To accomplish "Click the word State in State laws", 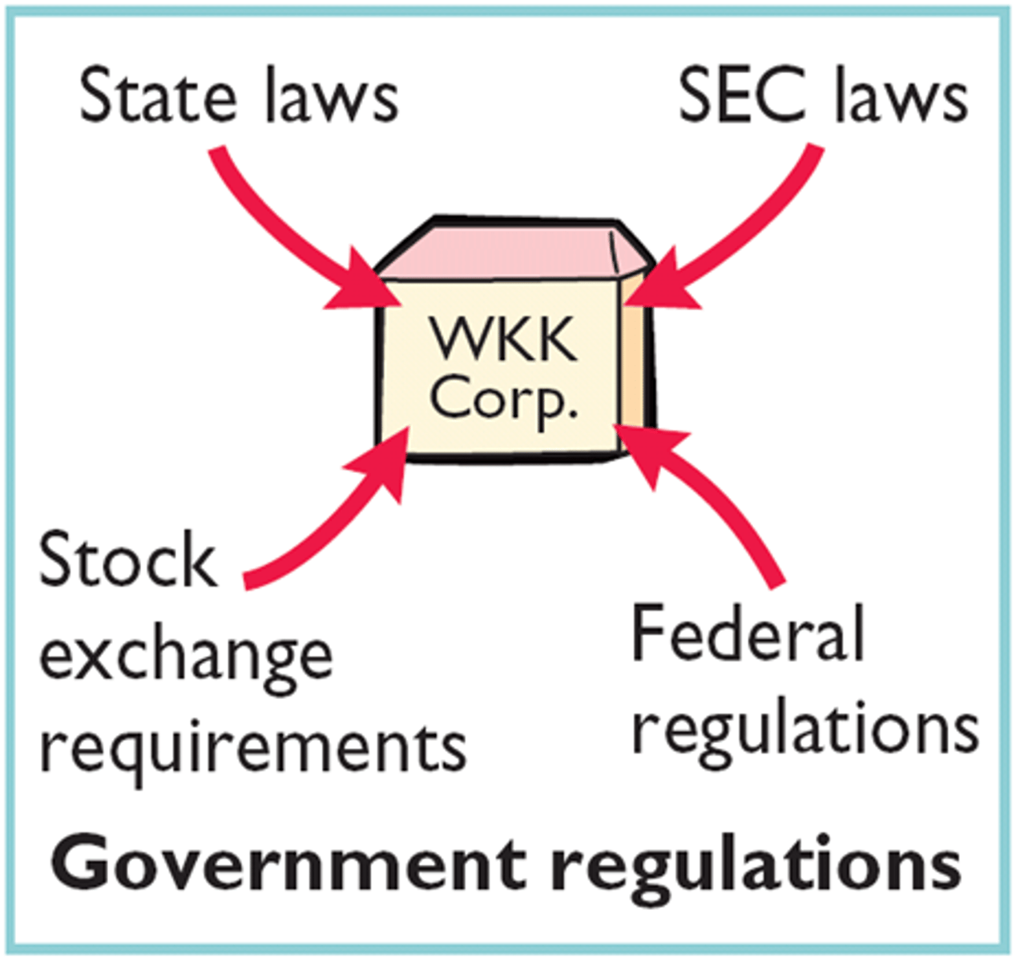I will click(x=158, y=96).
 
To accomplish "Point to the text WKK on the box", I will click(x=503, y=341).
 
